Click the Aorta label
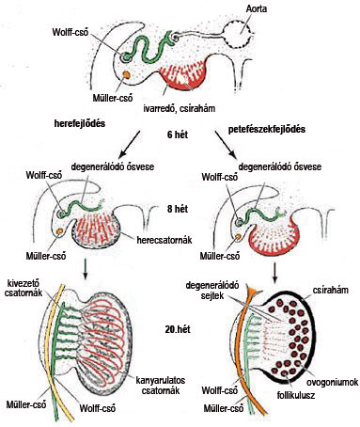257,8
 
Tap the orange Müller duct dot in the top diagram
126,74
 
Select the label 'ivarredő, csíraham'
180,108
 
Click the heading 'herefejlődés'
80,123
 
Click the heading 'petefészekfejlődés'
267,129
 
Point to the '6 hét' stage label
178,134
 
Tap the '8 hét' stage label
178,209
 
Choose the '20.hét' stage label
178,329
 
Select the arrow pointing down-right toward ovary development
226,144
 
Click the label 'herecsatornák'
164,240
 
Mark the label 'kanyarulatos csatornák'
161,386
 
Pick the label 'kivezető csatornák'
23,288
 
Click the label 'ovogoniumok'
332,382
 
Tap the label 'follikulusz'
296,395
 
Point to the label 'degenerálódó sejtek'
212,291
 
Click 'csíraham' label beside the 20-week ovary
330,290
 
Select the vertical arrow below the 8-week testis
85,269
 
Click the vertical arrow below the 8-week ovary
274,272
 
